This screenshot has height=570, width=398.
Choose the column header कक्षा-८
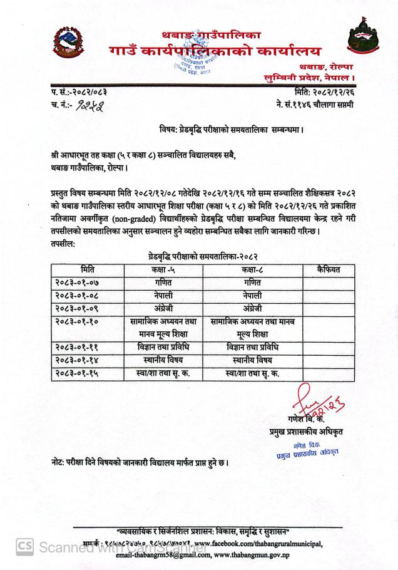253,270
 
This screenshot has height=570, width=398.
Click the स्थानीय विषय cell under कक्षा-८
253,361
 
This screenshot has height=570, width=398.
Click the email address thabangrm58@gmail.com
161,555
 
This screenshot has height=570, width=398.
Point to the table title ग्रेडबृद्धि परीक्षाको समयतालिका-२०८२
199,257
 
